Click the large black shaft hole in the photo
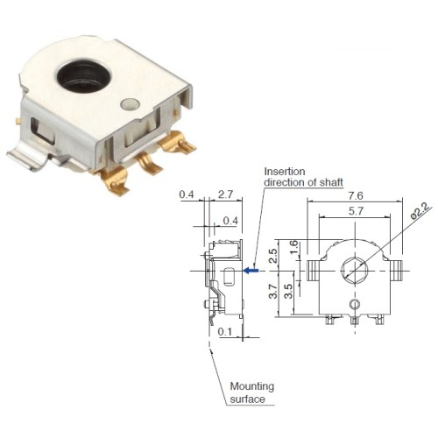(84, 76)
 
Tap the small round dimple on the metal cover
(130, 104)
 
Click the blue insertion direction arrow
(251, 271)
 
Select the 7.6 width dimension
(356, 195)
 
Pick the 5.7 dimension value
(356, 211)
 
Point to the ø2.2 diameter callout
(420, 211)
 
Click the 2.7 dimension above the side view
(225, 194)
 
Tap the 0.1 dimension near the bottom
(225, 332)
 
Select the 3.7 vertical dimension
(273, 291)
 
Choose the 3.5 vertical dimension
(288, 291)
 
